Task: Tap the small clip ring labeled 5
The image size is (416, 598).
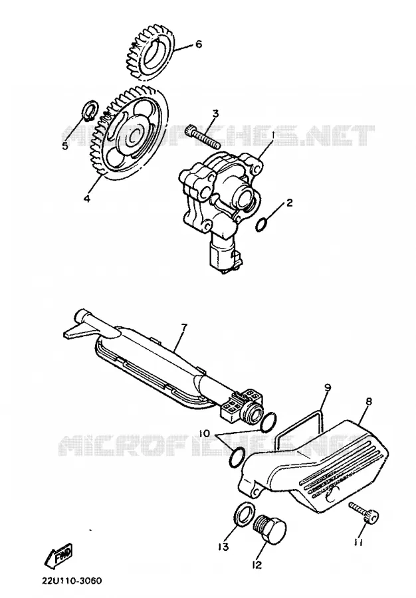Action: coord(90,110)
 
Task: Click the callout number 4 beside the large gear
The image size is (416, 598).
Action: coord(87,199)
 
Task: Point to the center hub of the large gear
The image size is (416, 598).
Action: coord(134,134)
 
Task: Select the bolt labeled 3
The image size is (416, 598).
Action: coord(203,137)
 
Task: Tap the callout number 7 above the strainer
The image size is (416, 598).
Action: coord(185,328)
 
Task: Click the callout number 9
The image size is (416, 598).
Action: coord(327,388)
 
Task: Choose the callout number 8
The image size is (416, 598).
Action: coord(368,401)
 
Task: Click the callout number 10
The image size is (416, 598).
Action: coord(205,434)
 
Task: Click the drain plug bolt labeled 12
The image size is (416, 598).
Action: coord(270,530)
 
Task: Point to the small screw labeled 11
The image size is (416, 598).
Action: coord(364,514)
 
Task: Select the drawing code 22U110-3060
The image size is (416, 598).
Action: coord(72,581)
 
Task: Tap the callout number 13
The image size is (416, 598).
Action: coord(223,547)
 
